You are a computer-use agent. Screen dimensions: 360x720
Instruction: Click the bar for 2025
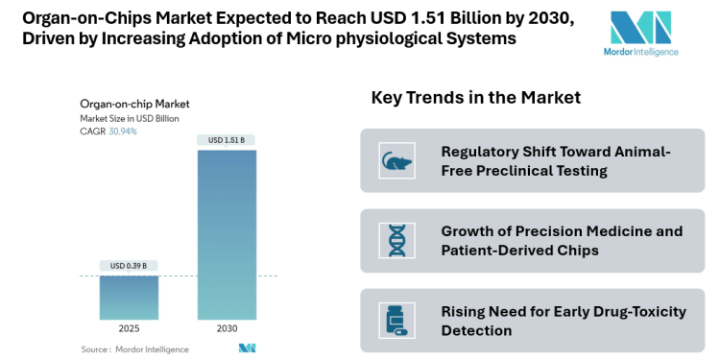[129, 297]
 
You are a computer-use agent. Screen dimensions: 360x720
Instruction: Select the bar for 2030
[227, 234]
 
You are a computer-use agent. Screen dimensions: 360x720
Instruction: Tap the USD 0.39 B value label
[129, 266]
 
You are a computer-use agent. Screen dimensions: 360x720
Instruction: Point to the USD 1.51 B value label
[227, 140]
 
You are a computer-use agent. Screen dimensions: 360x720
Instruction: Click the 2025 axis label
[129, 328]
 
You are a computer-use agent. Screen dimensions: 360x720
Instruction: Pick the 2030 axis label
[227, 328]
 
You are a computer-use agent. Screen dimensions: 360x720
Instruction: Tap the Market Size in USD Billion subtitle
[130, 118]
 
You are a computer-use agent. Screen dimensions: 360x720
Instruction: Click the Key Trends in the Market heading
[475, 98]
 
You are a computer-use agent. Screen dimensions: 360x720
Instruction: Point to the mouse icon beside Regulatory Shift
[395, 160]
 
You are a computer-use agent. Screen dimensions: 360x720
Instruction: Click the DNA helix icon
[395, 240]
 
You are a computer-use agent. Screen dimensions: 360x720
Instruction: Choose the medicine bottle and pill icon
[395, 320]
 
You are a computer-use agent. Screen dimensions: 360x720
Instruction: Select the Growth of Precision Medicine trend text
[562, 240]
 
